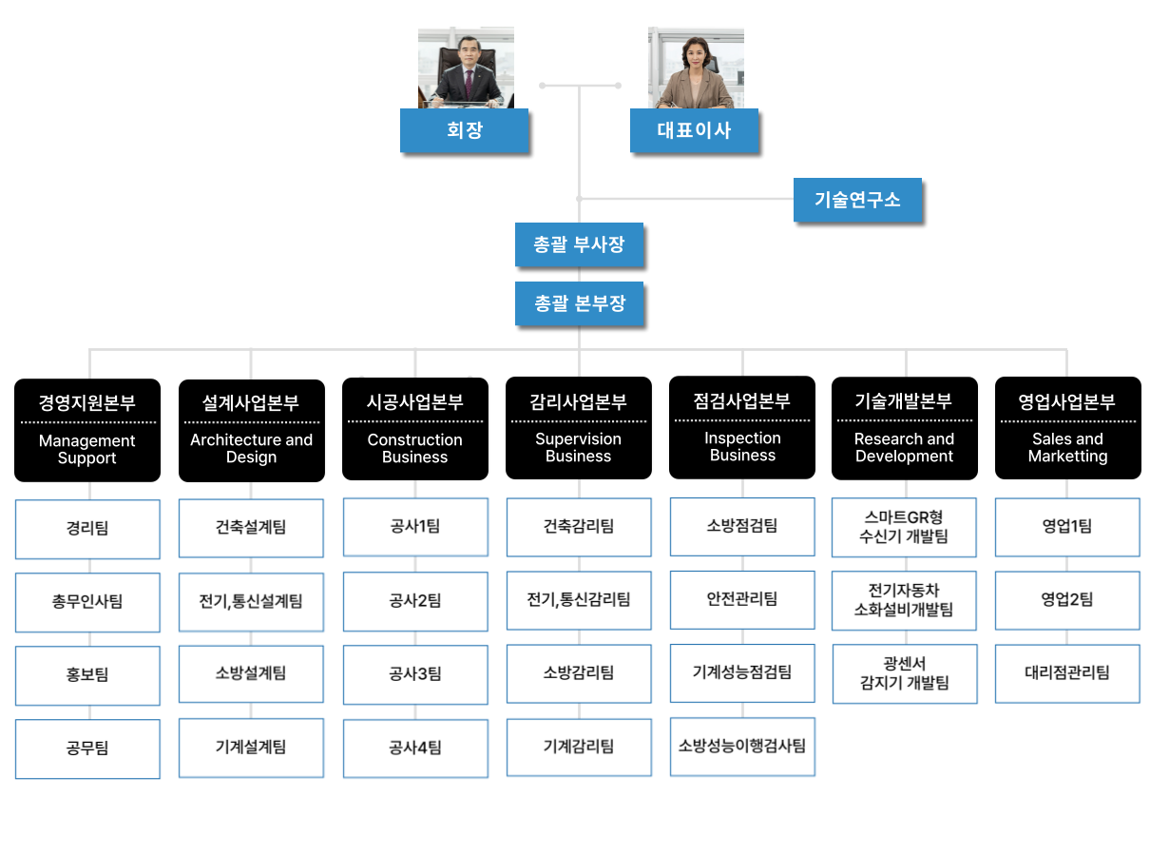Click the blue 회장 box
tap(464, 130)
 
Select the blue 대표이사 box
tap(694, 130)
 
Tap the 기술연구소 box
tap(857, 200)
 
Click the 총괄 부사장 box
tap(579, 244)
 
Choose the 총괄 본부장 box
tap(579, 303)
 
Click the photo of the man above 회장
tap(466, 68)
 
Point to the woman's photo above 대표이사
tap(696, 68)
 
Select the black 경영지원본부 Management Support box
tap(86, 430)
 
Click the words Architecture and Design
tap(251, 448)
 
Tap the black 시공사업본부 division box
tap(414, 429)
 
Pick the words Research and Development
tap(904, 447)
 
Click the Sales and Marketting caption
tap(1067, 447)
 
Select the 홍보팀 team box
tap(87, 674)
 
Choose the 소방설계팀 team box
tap(251, 673)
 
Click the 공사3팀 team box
tap(415, 674)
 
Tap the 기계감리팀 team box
tap(579, 747)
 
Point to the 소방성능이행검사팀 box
tap(742, 746)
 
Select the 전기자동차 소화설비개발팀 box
tap(904, 600)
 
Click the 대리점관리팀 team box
tap(1067, 672)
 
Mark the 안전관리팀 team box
tap(742, 599)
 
